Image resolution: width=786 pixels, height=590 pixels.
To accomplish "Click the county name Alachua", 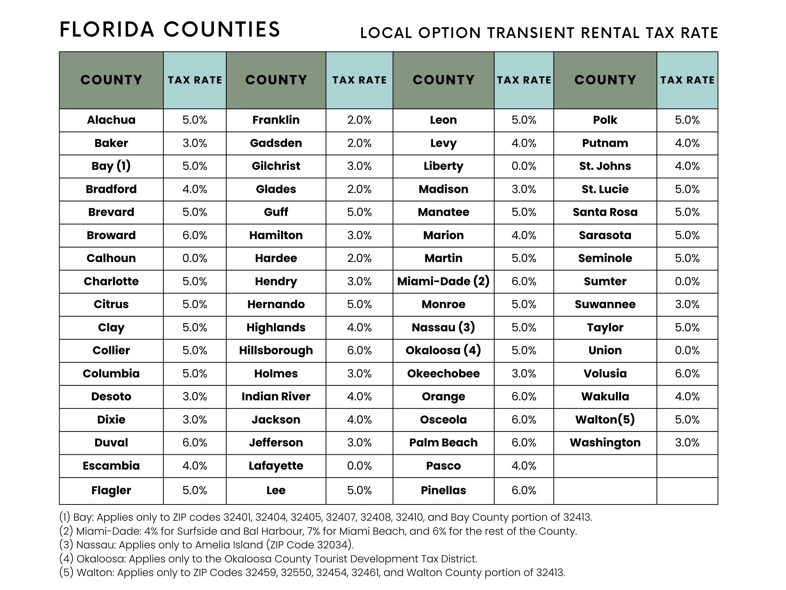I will pos(111,120).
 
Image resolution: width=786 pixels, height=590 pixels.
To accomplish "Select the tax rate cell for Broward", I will pos(195,235).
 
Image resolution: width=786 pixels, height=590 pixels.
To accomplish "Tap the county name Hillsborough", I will pos(276,350).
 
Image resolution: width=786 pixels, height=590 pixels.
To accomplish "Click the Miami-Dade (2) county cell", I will pos(443,281).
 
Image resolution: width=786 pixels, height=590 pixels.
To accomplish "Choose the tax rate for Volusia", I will pos(687,373).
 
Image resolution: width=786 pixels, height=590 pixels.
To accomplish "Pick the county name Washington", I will pos(605,442).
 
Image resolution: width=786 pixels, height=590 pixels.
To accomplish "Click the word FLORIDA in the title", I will pos(107,30).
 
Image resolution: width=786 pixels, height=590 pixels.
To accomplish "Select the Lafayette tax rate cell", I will pos(359,465).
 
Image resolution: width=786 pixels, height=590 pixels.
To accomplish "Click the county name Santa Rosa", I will pos(605,212).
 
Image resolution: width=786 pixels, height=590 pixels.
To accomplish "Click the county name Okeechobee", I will pos(443,373).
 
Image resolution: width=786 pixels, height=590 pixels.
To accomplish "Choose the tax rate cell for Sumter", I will pos(687,281).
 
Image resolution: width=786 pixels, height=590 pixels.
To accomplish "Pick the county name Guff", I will pos(276,212).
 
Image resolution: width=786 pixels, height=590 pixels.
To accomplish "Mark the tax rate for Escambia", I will pos(195,465).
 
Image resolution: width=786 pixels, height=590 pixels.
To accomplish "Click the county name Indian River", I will pos(276,396).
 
